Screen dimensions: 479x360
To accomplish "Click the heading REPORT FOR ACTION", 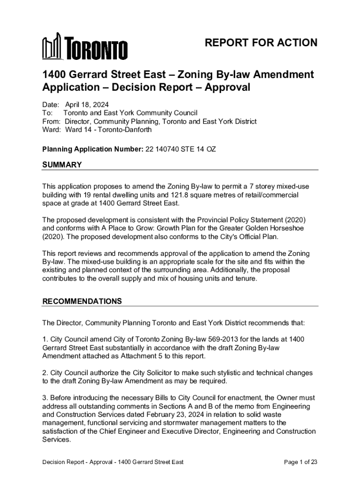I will click(261, 43).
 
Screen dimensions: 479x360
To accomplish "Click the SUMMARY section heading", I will click(62, 165).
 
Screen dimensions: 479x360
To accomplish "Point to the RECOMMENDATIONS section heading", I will click(82, 301).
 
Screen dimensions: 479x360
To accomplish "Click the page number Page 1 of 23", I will click(301, 462).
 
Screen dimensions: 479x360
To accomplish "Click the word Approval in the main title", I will click(228, 87).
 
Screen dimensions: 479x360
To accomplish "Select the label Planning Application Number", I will click(83, 149).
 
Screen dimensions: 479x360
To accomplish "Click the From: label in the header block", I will click(50, 121).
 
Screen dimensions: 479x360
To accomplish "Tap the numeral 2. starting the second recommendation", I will click(45, 373).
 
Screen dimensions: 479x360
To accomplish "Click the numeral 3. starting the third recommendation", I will click(45, 398).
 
